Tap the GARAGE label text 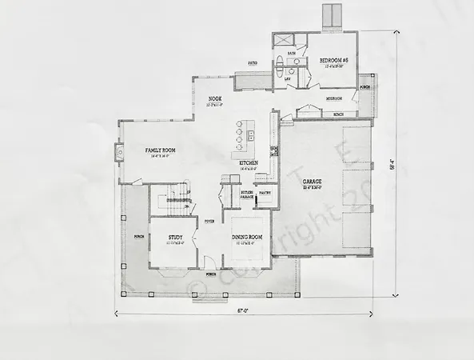[x=312, y=182]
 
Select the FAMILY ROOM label [x=160, y=150]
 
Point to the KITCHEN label [x=249, y=163]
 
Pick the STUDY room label [x=176, y=238]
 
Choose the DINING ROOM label [x=249, y=238]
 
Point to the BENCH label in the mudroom [x=339, y=114]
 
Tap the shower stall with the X [x=282, y=42]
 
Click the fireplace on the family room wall [x=119, y=151]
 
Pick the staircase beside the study [x=174, y=199]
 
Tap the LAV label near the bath [x=287, y=79]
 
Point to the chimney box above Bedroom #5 [x=331, y=14]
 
